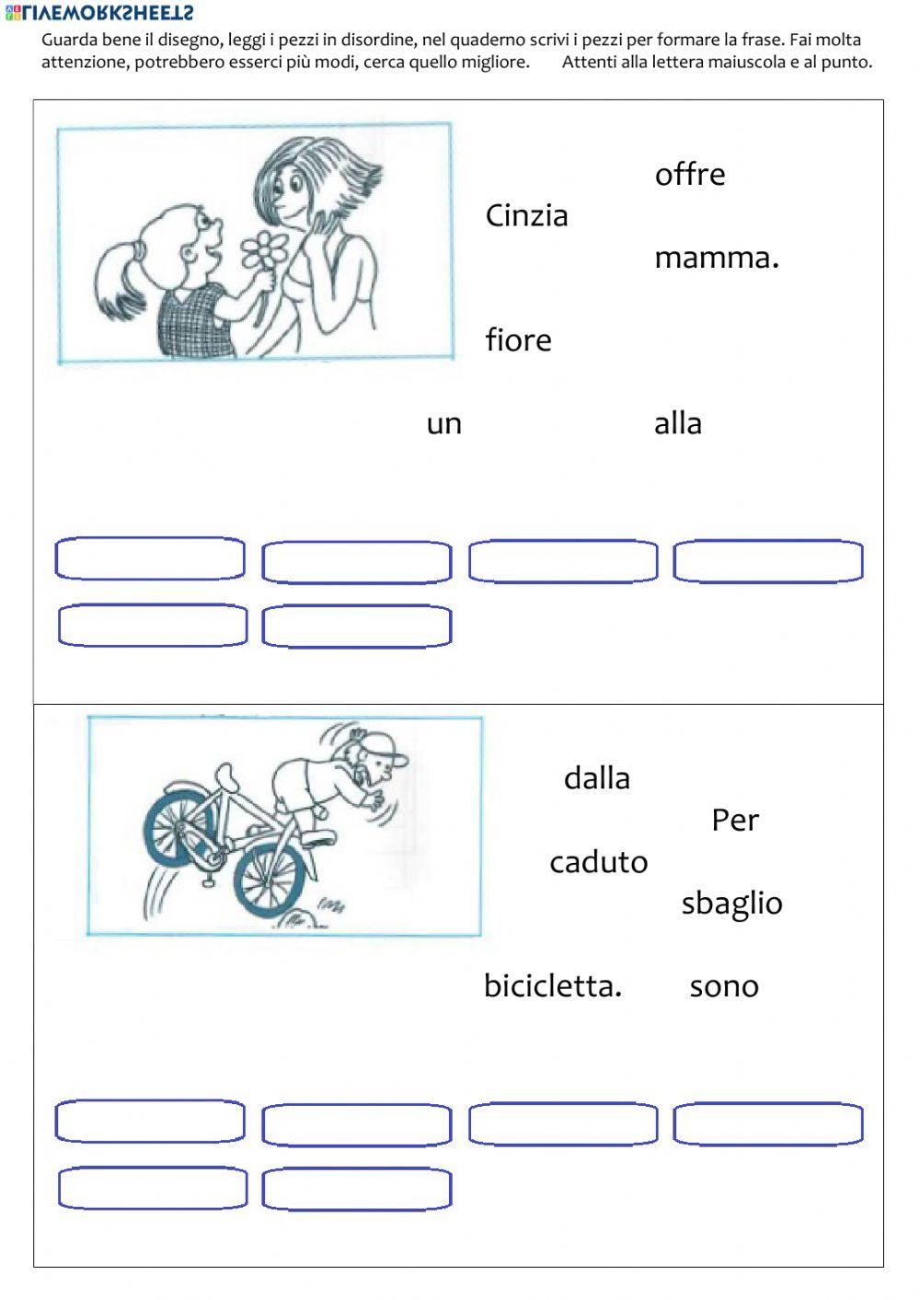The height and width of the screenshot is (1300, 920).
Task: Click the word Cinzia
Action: coord(526,216)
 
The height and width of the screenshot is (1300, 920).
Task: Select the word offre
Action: coord(689,174)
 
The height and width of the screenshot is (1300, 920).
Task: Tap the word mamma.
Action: coord(716,258)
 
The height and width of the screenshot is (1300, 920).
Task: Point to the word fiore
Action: coord(518,340)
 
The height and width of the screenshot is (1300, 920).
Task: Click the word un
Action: coord(443,424)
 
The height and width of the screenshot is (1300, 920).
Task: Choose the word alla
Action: coord(677,424)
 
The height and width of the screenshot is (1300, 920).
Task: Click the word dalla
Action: coord(596,778)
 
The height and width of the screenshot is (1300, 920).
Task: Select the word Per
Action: coord(734,820)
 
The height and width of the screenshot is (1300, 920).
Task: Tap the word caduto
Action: coord(598,862)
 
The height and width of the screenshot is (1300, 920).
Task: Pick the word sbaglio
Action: coord(731,903)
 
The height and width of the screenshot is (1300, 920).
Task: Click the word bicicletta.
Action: coord(552,986)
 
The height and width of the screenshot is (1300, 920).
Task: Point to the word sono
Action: coord(723,986)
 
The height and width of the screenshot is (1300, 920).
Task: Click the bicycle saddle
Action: coord(224,775)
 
